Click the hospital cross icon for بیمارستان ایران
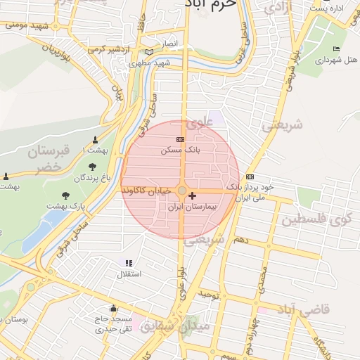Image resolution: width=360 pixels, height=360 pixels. (x=193, y=194)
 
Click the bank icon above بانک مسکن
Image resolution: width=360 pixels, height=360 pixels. (x=179, y=140)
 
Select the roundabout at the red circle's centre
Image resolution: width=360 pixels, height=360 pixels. (x=182, y=191)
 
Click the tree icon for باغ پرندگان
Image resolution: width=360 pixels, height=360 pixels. (x=93, y=167)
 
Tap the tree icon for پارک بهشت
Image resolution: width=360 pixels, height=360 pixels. (x=66, y=195)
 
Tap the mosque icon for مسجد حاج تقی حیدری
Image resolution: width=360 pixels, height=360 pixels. (x=113, y=309)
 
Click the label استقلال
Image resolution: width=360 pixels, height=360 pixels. (x=128, y=274)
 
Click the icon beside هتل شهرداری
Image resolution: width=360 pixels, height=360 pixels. (x=336, y=49)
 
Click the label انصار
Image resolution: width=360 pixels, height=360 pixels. (x=172, y=44)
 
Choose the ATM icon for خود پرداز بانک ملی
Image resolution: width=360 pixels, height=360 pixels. (x=250, y=176)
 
